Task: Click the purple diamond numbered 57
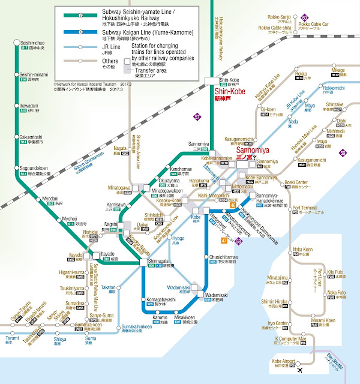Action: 199,116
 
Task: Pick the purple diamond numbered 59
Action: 343,153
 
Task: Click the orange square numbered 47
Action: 224,241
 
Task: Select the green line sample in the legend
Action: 74,15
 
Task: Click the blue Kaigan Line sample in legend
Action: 74,33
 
